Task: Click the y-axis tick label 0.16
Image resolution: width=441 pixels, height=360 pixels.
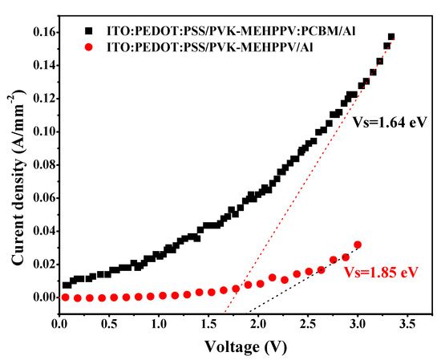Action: click(x=41, y=31)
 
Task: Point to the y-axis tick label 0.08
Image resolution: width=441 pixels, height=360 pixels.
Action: click(x=41, y=164)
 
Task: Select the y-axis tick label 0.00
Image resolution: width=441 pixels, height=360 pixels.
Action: click(x=41, y=297)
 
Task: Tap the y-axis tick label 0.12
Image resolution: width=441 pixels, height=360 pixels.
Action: click(x=41, y=98)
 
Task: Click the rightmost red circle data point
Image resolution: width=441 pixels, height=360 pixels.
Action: click(x=358, y=245)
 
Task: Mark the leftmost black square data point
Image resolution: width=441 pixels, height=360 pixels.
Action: click(x=67, y=285)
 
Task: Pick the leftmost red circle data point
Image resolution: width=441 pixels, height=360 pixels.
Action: click(x=65, y=297)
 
